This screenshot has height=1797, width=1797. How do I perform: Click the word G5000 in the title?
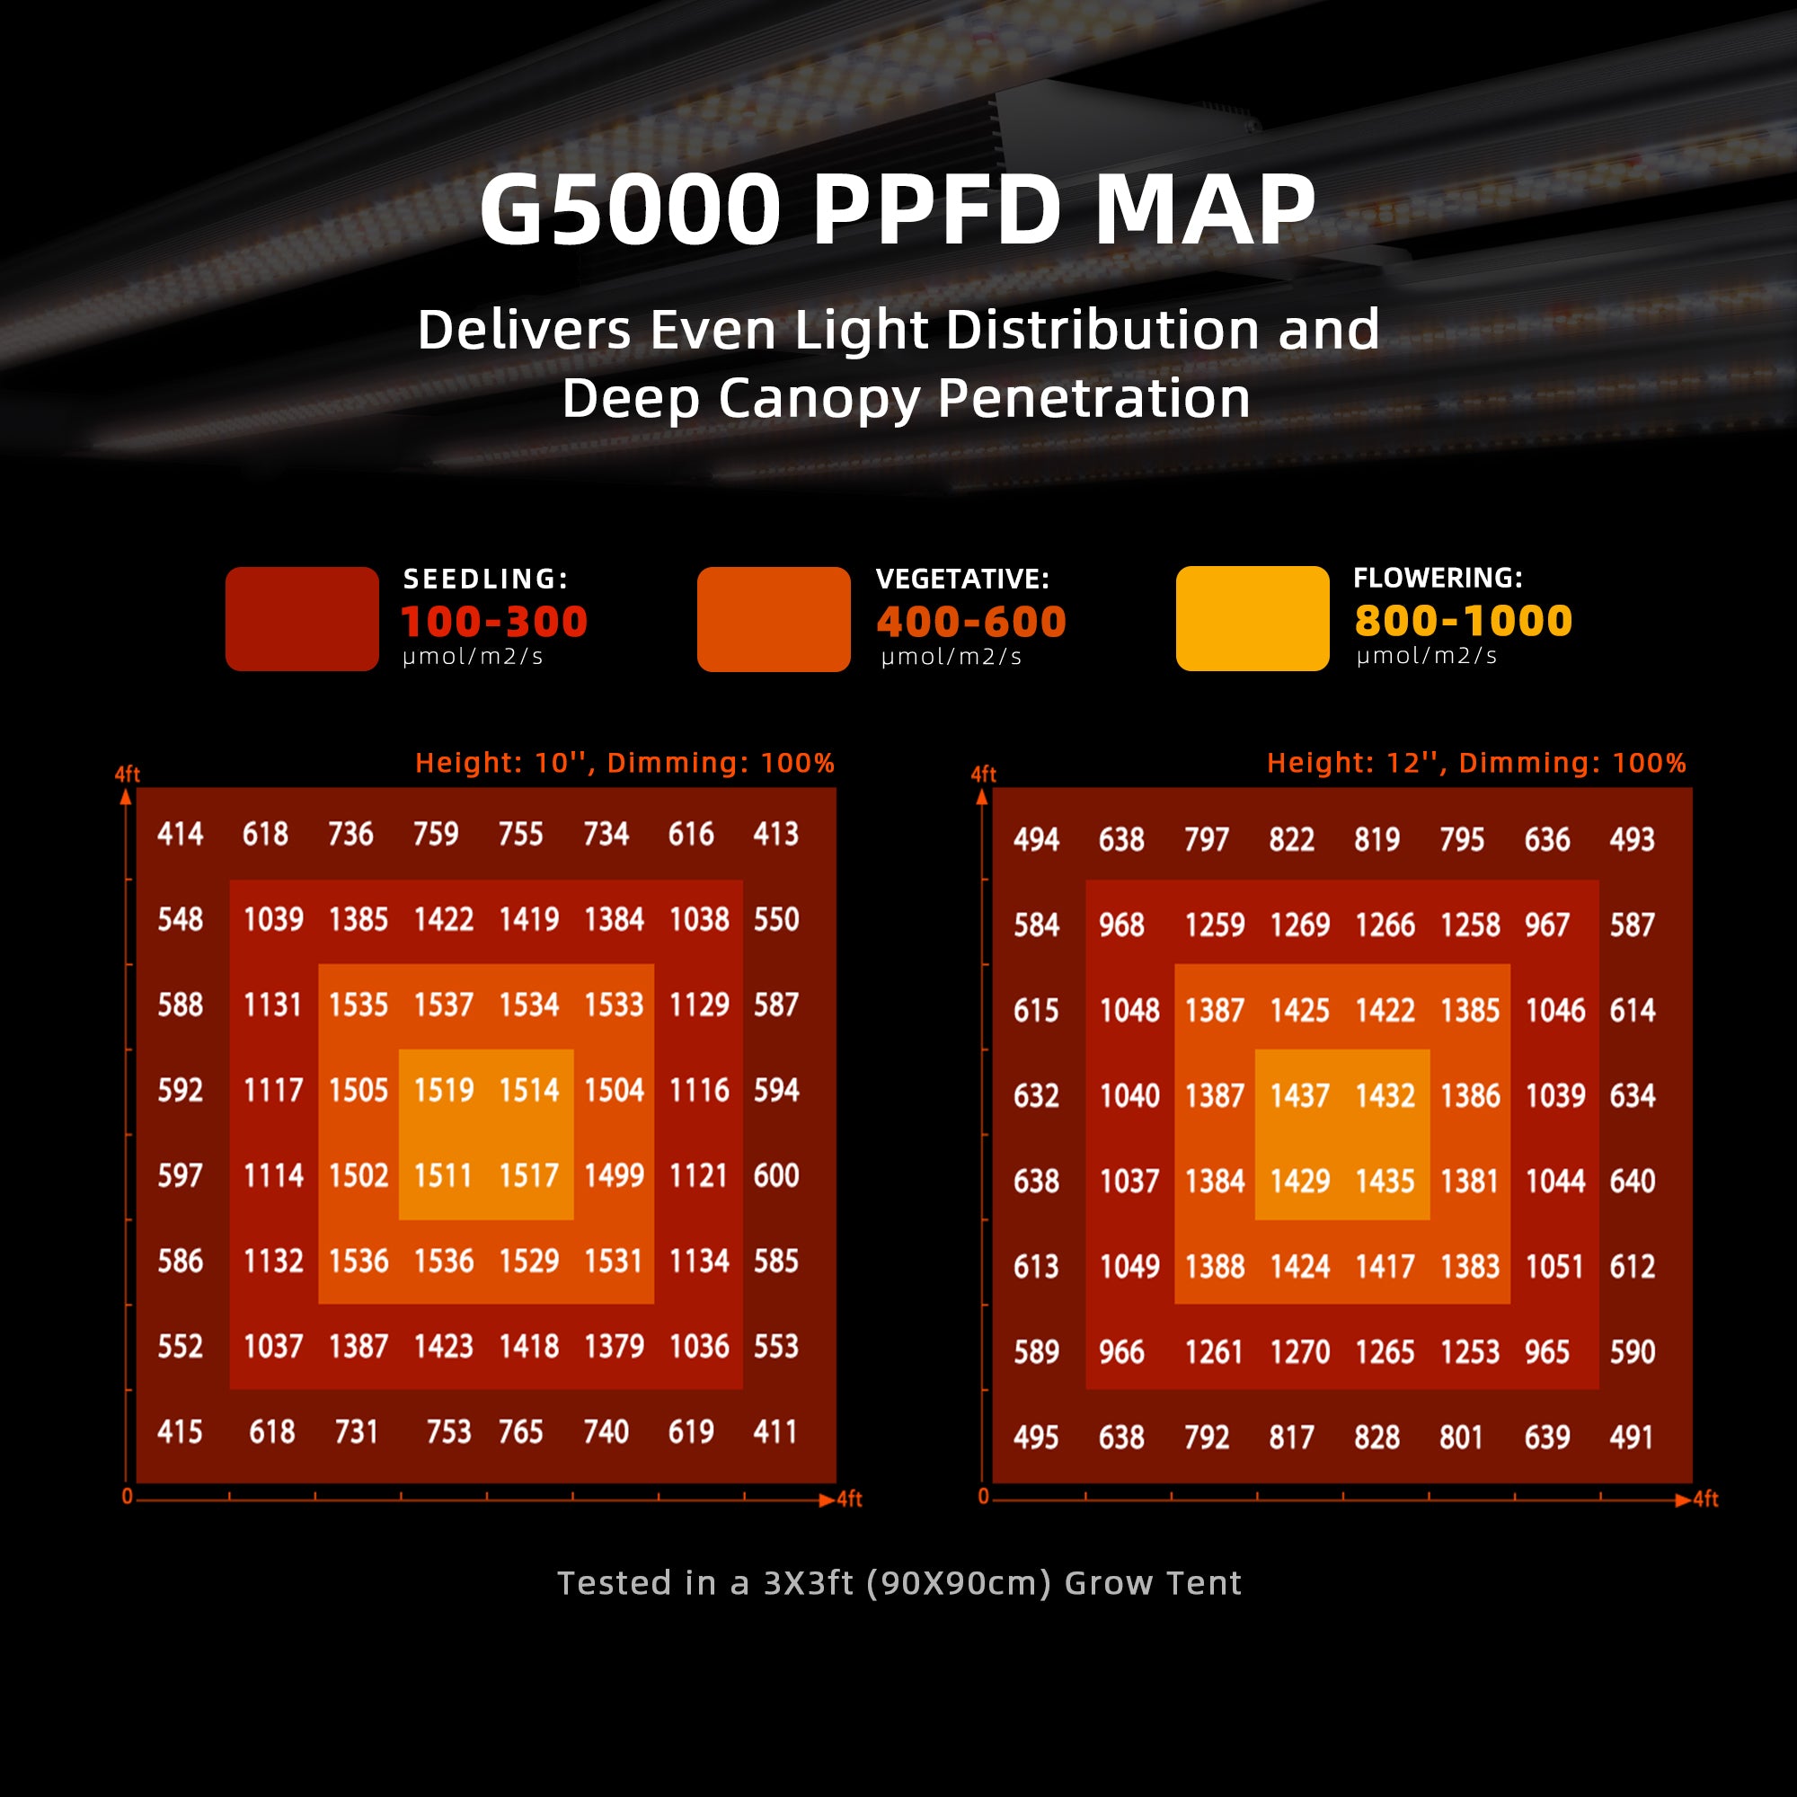pos(630,210)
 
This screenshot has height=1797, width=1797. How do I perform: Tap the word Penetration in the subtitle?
pos(1093,399)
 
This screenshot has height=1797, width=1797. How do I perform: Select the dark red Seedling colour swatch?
pos(301,618)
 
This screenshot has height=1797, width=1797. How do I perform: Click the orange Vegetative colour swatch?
pos(773,618)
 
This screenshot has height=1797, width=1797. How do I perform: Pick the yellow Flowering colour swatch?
pos(1252,618)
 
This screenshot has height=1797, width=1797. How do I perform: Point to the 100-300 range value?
pos(494,622)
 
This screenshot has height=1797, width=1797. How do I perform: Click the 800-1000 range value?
pos(1463,620)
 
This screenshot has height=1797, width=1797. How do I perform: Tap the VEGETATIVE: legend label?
pos(961,579)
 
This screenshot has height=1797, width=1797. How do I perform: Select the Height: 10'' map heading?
pos(624,763)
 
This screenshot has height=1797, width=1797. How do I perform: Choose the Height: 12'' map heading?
pos(1476,763)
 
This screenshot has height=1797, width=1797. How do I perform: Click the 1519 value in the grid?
pos(444,1090)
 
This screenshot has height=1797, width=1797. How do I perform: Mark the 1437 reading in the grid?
pos(1299,1095)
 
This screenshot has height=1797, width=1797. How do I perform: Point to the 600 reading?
pos(775,1175)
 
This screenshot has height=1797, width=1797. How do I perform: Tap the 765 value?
pos(520,1431)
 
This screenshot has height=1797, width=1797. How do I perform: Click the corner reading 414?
pos(180,834)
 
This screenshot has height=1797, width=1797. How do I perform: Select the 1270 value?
pos(1299,1351)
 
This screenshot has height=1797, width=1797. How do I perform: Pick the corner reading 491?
pos(1632,1437)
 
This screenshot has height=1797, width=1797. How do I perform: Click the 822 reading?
pos(1291,840)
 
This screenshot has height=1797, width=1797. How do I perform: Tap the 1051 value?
pos(1554,1266)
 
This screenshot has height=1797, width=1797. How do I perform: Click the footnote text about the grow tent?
pos(898,1582)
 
